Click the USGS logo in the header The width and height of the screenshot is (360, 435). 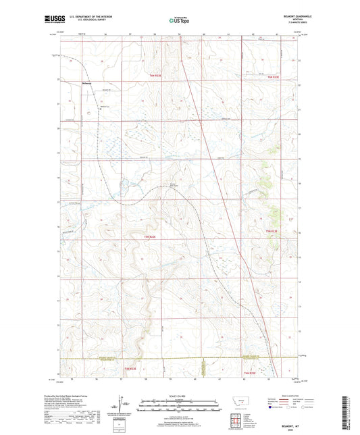point(51,20)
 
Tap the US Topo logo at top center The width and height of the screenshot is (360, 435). point(179,20)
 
